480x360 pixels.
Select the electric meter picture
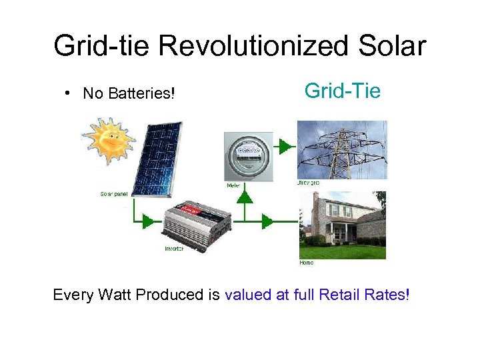(247, 157)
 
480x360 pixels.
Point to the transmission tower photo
(341, 149)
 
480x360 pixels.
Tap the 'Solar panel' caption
(115, 194)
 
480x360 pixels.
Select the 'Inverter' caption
(175, 249)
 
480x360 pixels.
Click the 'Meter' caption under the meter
(234, 185)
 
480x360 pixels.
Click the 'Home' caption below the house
(307, 263)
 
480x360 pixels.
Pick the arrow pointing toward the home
(267, 221)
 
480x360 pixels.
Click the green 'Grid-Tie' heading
(342, 90)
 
